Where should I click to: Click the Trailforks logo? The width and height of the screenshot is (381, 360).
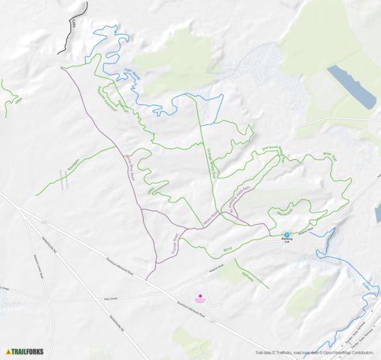click(24, 351)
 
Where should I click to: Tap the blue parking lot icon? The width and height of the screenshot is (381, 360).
click(286, 235)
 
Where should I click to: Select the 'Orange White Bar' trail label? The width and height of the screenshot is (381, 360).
click(209, 161)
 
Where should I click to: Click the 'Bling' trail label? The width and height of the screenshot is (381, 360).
click(226, 250)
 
